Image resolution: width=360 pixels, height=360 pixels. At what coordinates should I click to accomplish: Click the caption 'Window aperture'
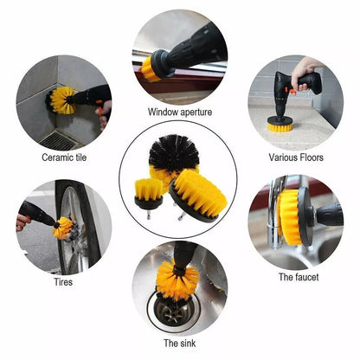(180, 112)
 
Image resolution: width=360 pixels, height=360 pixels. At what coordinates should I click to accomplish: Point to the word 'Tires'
(63, 281)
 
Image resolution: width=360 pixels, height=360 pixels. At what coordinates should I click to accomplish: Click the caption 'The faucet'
(298, 277)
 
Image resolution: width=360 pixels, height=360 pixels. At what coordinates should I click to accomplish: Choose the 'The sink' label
(180, 344)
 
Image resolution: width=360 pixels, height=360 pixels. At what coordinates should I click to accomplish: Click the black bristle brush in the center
(174, 154)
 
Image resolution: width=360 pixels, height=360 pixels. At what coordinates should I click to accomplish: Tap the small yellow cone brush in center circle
(149, 190)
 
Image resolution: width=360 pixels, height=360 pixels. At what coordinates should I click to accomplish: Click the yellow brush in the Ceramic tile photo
(61, 100)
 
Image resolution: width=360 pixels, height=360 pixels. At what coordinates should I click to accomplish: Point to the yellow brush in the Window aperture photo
(152, 69)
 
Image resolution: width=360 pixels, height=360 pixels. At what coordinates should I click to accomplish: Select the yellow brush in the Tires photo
(63, 228)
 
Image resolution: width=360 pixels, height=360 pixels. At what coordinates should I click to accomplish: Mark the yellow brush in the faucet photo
(289, 215)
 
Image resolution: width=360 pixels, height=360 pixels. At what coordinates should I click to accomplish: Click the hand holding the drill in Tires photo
(23, 222)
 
